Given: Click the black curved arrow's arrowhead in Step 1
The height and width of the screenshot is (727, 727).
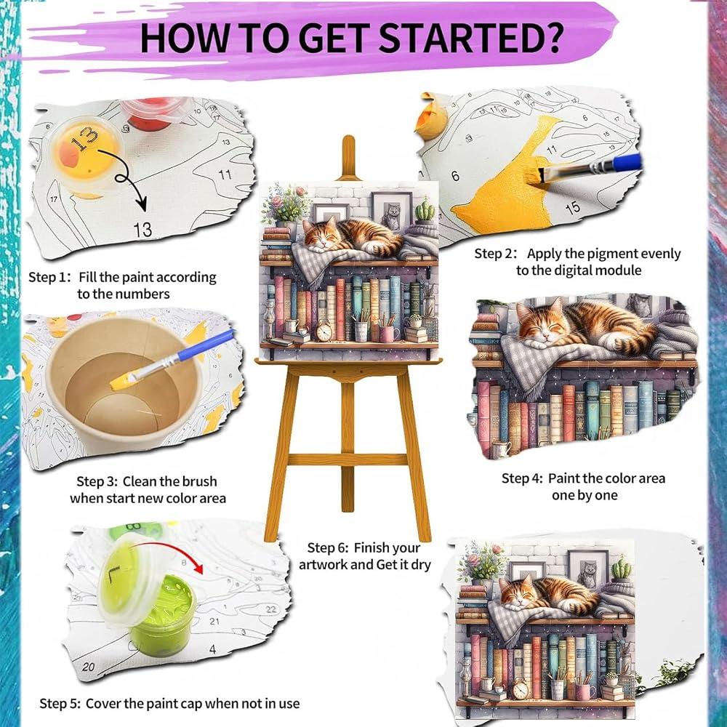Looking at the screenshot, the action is pos(140,204).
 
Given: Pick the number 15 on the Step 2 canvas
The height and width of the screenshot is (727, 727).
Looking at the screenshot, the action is pos(573,207).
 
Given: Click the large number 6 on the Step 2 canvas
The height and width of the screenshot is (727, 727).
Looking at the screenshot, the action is pos(455,176).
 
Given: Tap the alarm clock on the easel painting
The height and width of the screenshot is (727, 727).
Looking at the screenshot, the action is pos(324,331).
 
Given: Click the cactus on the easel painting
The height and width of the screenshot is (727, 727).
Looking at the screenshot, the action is pos(425,210).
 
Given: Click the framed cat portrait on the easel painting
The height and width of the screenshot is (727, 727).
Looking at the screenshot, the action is pos(392,212).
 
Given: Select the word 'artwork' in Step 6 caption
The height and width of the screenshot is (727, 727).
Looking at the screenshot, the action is pos(324,565).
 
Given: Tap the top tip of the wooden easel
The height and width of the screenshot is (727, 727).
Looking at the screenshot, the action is pos(348,137).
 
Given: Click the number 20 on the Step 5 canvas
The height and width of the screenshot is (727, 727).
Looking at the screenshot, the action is pos(88,667).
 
